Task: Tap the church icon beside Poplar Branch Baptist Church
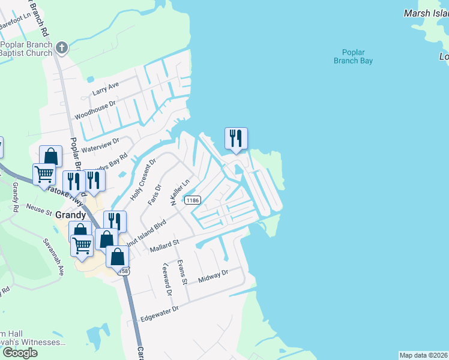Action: click(61, 47)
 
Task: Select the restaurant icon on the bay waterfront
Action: click(236, 139)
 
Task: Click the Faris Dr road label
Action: click(154, 195)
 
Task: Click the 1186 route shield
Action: click(192, 200)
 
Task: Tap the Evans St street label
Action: click(182, 273)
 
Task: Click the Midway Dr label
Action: click(214, 276)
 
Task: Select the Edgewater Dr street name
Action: click(159, 313)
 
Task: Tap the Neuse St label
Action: click(40, 212)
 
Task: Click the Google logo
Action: click(19, 353)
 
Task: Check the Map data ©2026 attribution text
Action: click(423, 355)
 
